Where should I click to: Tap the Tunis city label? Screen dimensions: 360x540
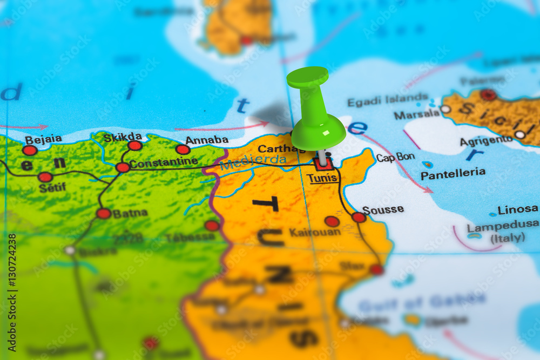tap(322, 178)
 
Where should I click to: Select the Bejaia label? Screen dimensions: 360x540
tap(43, 139)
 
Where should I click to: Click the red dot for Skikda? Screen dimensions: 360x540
tap(135, 145)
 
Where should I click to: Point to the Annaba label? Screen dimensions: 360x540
tap(207, 140)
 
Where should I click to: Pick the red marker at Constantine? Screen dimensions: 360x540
tap(123, 167)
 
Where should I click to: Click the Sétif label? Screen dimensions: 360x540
tap(52, 187)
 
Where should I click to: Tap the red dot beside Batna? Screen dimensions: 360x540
tap(104, 213)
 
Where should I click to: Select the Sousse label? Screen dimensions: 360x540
tap(383, 210)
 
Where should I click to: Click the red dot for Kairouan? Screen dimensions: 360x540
tap(332, 221)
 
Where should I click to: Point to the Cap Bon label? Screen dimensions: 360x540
tap(395, 158)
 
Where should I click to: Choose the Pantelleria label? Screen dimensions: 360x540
tap(453, 174)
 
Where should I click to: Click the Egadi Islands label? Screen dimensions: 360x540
tap(388, 100)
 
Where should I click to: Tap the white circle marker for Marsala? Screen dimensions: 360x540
tap(446, 109)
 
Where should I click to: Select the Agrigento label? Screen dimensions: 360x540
tap(486, 141)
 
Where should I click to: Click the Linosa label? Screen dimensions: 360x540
tap(517, 209)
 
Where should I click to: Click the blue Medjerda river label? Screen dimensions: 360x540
tap(253, 160)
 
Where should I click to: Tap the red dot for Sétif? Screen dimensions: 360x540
tap(45, 177)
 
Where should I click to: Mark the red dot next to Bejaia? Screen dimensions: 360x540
tap(30, 150)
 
